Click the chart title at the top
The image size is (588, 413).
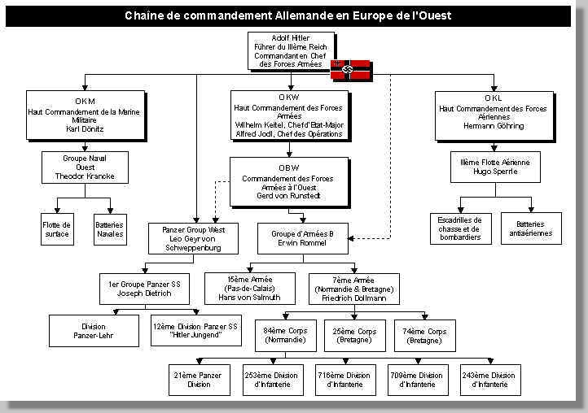[x=288, y=15]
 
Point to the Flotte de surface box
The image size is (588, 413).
[x=57, y=229]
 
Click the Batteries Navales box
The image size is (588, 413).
[x=109, y=229]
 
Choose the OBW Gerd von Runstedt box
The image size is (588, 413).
[x=288, y=183]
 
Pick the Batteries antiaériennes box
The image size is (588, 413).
[x=531, y=228]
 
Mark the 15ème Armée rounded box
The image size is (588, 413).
[x=249, y=288]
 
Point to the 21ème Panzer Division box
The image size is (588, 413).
[x=199, y=380]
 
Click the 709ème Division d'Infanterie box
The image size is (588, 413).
[x=416, y=380]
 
